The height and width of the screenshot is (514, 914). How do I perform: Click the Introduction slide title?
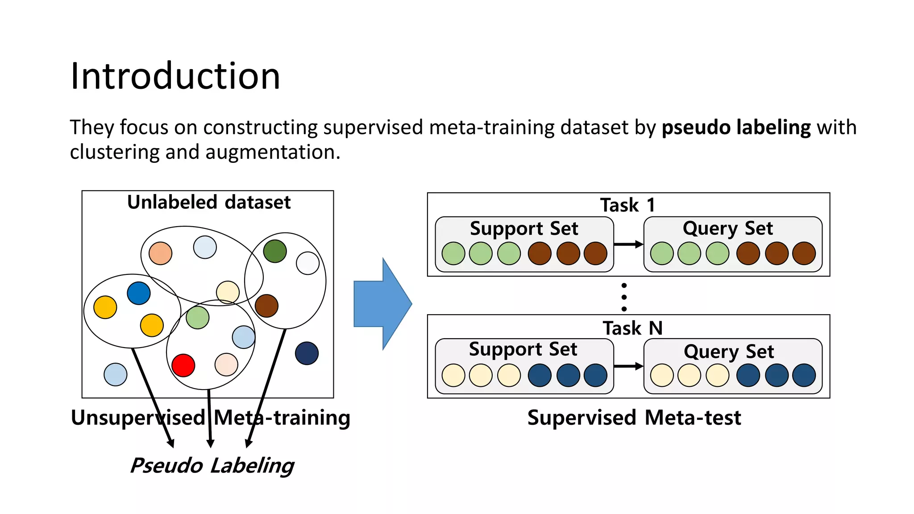(x=175, y=76)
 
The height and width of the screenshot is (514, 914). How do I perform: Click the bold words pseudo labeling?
(x=735, y=128)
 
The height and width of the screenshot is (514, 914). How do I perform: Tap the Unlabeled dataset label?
(x=208, y=202)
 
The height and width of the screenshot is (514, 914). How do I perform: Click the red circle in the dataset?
(x=183, y=365)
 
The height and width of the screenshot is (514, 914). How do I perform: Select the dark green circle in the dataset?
(x=275, y=251)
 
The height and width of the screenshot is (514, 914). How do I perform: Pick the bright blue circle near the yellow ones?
(x=138, y=293)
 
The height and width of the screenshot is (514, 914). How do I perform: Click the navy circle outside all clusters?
(x=307, y=353)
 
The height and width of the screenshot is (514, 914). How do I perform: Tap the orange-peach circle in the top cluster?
(x=160, y=253)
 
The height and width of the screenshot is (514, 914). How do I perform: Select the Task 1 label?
(x=627, y=205)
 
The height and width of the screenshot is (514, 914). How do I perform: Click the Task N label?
(x=632, y=328)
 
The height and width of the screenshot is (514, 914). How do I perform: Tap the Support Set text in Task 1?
(x=523, y=228)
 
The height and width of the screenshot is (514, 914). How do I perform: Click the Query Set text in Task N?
(x=728, y=352)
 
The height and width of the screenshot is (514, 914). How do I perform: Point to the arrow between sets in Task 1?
(x=628, y=244)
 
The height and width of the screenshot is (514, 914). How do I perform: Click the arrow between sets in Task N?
(x=628, y=366)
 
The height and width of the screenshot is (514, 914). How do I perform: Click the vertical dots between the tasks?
(x=624, y=297)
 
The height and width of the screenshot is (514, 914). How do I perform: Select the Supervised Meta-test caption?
(x=634, y=418)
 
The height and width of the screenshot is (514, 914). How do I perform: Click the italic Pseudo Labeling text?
(x=212, y=465)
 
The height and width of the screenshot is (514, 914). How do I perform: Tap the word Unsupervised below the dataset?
(x=137, y=418)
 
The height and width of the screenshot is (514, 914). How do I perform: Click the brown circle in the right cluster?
(x=266, y=306)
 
